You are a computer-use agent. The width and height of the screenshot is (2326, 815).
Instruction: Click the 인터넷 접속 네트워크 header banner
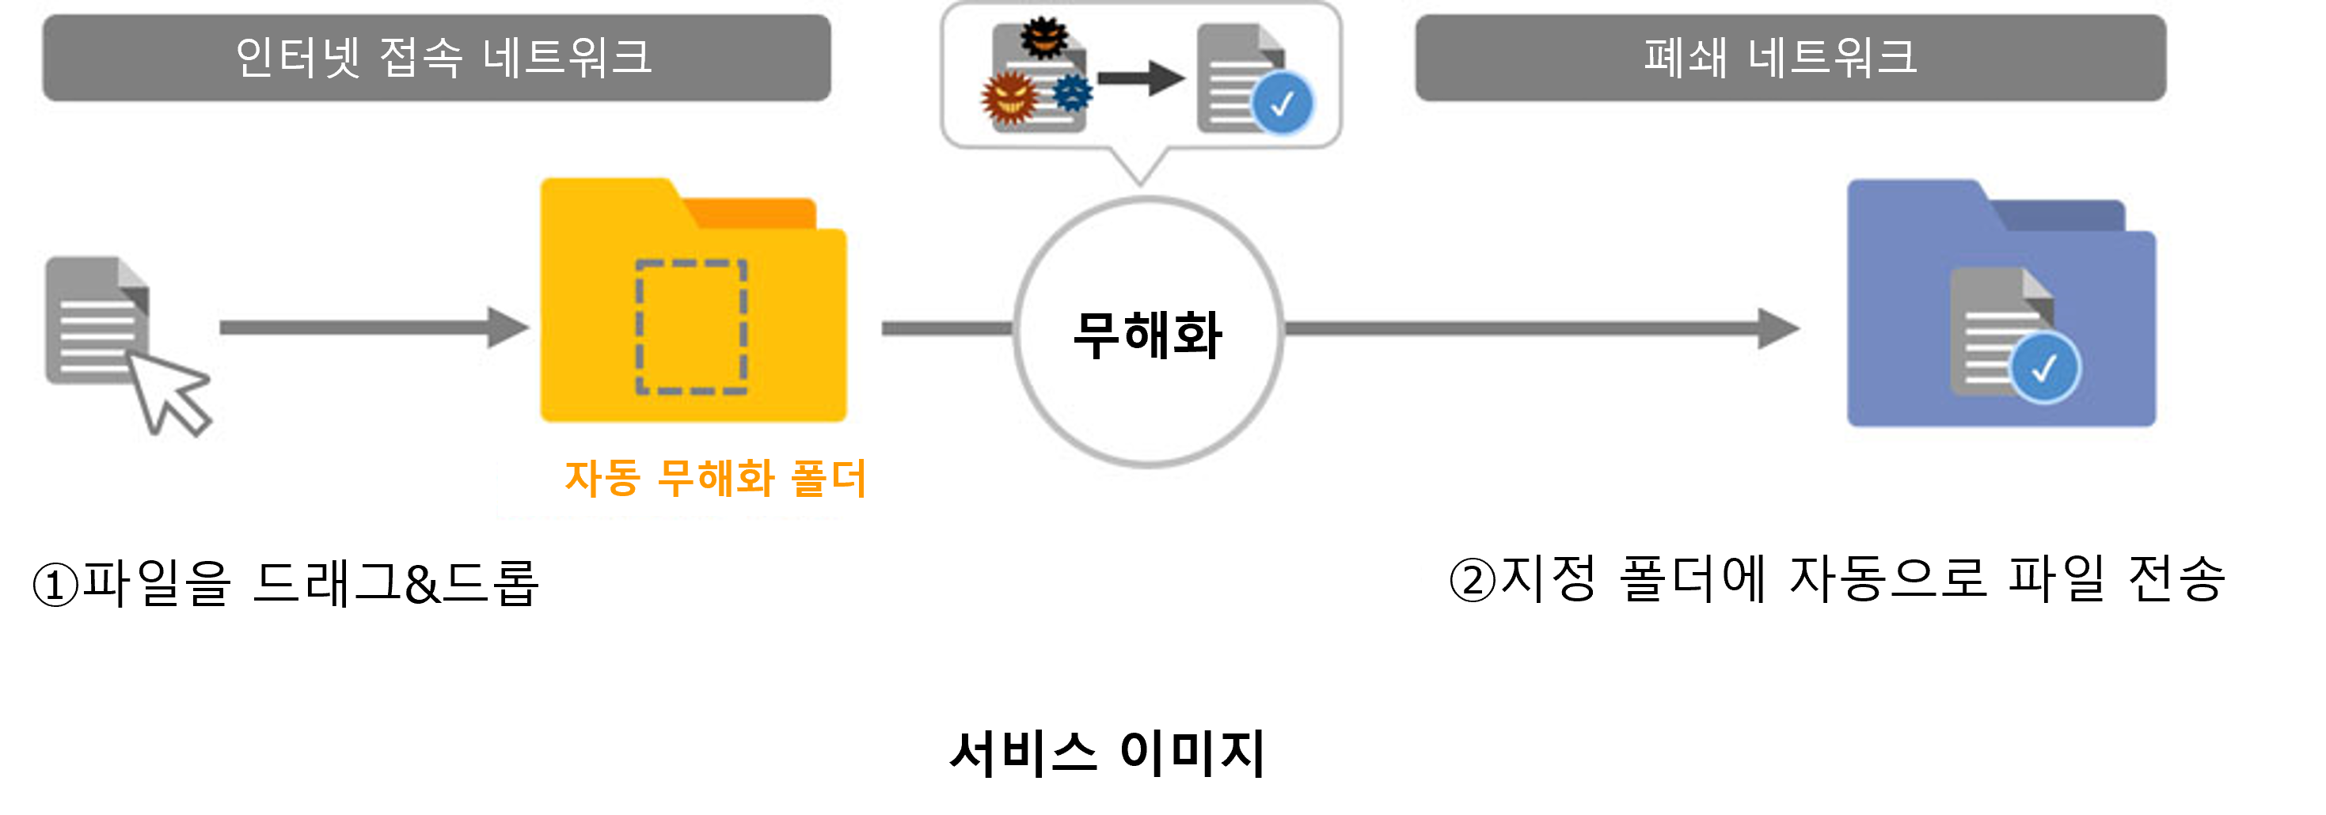436,58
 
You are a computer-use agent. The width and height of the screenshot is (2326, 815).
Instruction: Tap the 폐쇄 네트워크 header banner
1790,58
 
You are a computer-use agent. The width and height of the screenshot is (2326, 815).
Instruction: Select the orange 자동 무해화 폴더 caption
715,479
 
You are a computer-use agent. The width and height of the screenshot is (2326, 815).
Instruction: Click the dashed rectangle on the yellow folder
692,327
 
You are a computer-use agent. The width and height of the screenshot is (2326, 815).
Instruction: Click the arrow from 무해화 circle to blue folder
1541,328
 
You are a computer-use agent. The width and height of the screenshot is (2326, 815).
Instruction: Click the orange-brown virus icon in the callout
1009,97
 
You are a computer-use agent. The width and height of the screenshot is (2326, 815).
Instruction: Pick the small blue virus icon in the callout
1073,93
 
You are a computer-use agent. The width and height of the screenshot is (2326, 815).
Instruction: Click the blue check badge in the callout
1283,104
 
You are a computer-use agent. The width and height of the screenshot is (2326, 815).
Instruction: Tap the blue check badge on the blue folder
2044,368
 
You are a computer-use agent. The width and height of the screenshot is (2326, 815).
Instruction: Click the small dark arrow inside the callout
1140,78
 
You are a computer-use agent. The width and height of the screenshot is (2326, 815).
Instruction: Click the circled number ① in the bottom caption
56,584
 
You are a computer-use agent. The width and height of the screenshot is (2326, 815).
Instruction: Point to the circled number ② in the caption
1473,580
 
